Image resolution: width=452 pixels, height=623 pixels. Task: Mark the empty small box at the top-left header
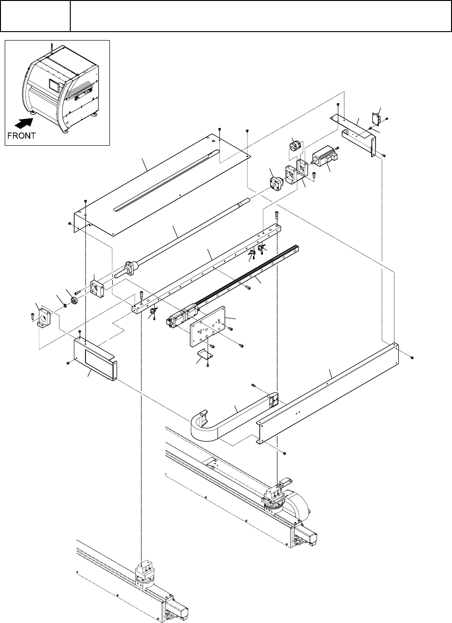pyautogui.click(x=35, y=16)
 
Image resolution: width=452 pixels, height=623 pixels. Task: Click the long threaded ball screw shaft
pyautogui.click(x=189, y=236)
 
